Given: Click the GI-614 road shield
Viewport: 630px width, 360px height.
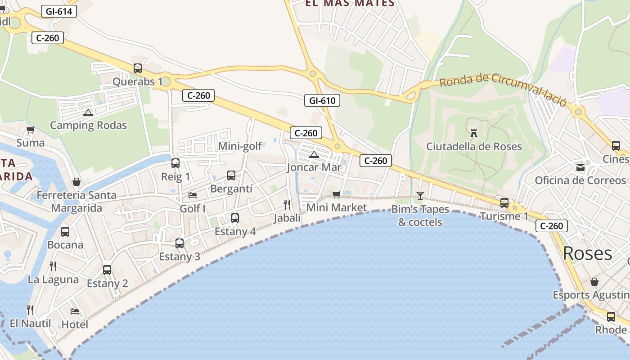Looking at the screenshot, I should point(59,11).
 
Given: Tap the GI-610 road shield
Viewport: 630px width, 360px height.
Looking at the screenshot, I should point(322,100).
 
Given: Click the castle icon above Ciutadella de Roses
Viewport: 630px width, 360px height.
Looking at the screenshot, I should point(473,133).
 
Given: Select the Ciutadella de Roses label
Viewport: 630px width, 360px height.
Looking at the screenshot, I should point(474,146).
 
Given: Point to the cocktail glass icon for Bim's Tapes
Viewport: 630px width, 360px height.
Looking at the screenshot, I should point(420,195).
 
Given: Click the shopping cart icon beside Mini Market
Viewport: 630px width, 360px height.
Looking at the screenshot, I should point(336,194).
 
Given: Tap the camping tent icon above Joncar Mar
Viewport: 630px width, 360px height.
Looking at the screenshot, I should point(314,155).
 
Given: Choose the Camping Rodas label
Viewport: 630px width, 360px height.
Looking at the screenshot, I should point(88,125).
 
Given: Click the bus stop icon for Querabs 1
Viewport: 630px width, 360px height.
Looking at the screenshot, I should point(138,68).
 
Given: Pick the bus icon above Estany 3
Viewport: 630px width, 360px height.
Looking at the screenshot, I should point(180,243).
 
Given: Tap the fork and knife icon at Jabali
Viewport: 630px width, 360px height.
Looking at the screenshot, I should point(287,205).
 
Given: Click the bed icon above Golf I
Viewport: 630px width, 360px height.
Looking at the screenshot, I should point(193,195).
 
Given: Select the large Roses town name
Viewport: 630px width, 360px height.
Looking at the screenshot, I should point(587,253).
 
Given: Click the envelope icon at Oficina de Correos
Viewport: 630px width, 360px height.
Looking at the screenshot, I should point(580,167).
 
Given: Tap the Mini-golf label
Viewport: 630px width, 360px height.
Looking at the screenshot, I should point(240,146).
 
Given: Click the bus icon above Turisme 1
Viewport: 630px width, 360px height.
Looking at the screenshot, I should point(504,203).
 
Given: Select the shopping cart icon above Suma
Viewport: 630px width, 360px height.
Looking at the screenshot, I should point(30,130).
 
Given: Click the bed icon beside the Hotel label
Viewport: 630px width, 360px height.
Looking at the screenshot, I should point(75,311).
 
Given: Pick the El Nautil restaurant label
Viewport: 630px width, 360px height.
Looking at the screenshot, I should point(30,324).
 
